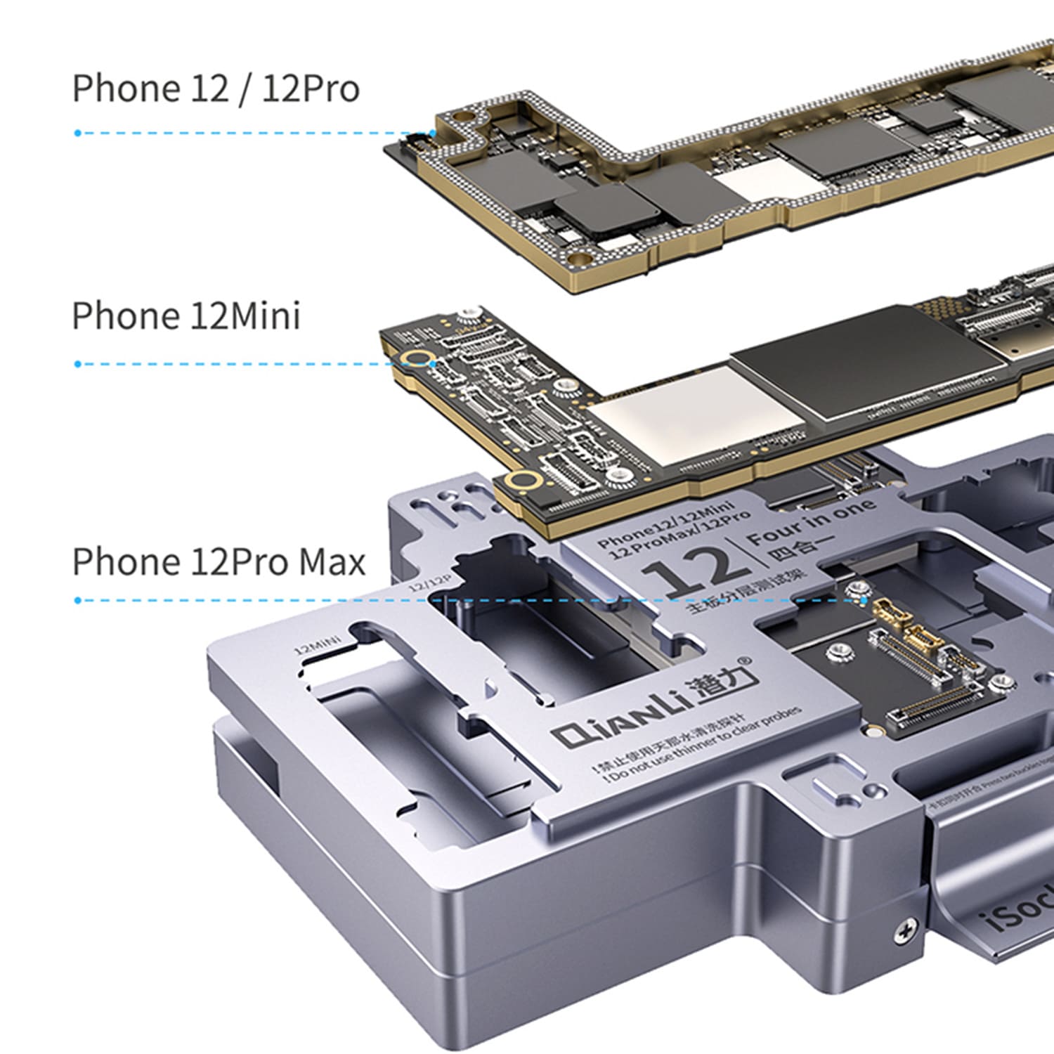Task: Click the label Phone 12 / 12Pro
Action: [x=216, y=89]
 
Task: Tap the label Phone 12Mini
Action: [x=186, y=316]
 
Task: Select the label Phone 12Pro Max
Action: [x=219, y=562]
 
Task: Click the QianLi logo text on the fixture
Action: [x=653, y=710]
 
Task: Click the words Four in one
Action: [x=812, y=523]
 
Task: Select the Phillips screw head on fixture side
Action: [x=906, y=932]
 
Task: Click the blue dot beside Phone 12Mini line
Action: [x=78, y=364]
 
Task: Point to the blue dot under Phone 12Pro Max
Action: [x=78, y=600]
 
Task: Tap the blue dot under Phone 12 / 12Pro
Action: [x=78, y=133]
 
